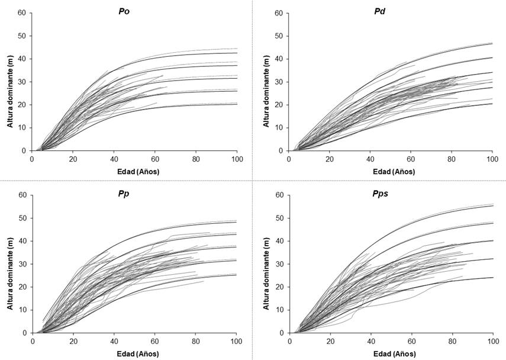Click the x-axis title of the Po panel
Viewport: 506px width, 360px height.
point(134,172)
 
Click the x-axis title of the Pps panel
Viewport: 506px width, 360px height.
point(391,354)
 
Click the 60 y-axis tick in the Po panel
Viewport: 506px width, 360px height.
point(22,12)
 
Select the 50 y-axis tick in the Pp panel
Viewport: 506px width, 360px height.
point(22,218)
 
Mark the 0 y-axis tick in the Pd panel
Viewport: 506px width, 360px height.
point(281,151)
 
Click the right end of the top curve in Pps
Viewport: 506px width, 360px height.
point(493,205)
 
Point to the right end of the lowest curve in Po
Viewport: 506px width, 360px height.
point(237,104)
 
